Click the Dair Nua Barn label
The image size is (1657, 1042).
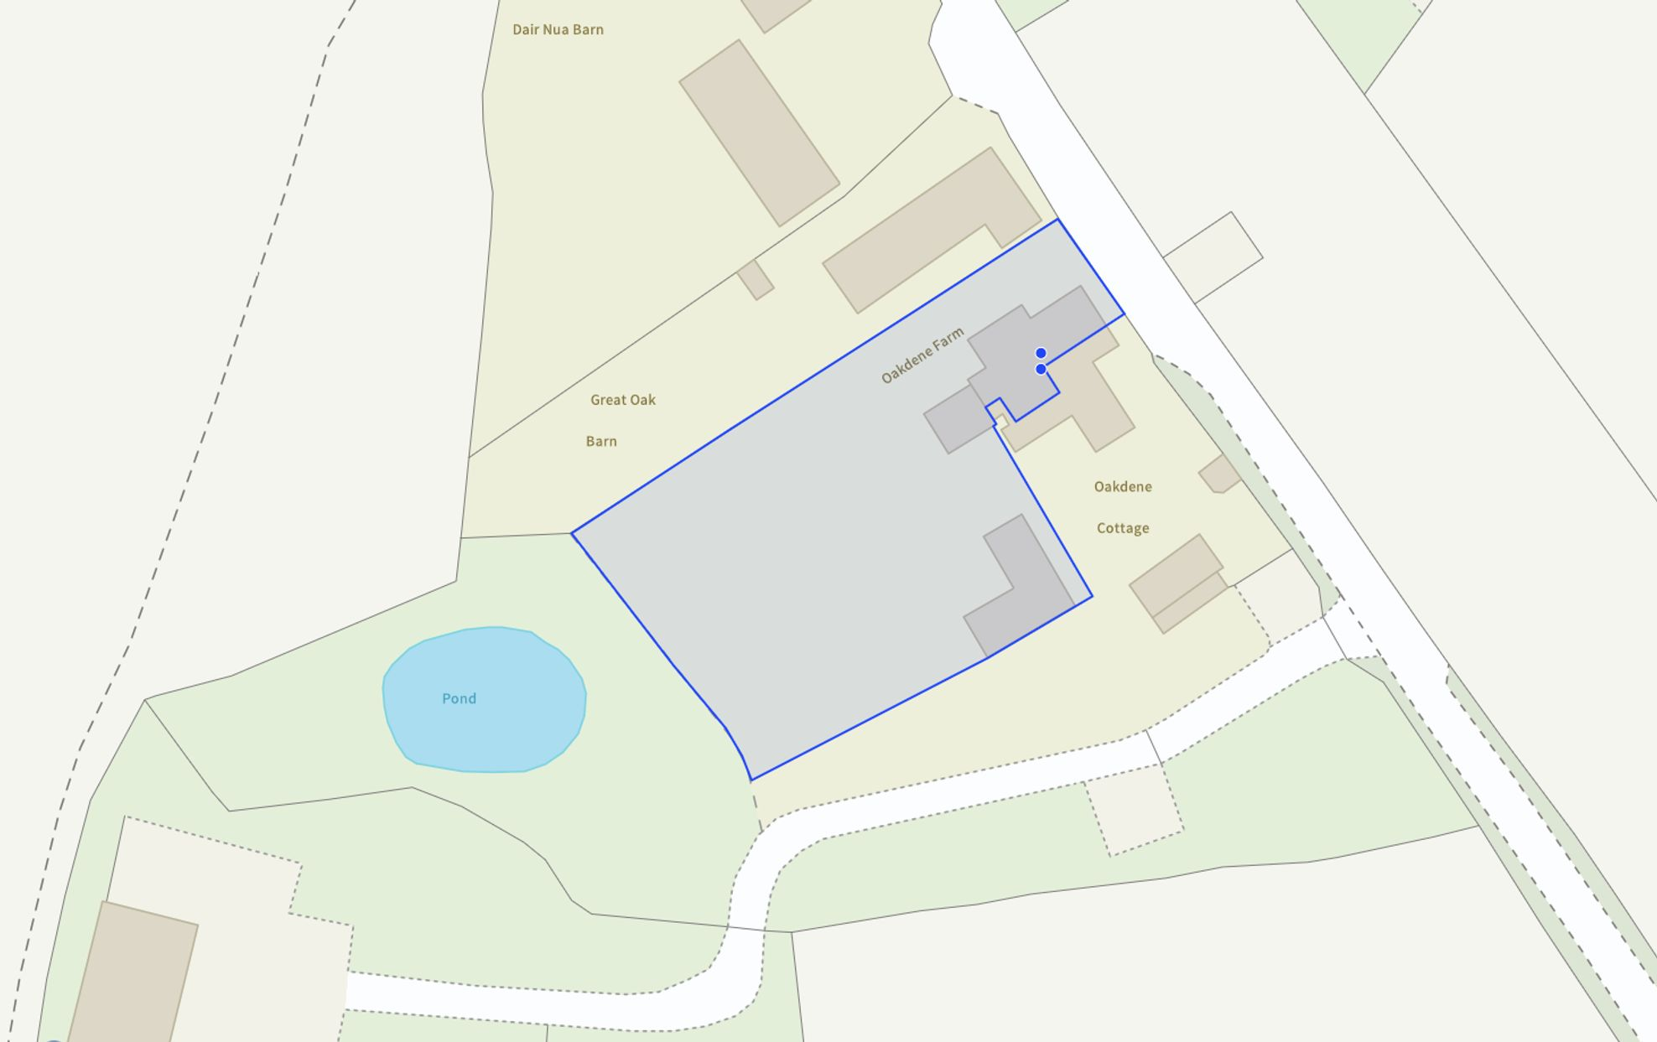pyautogui.click(x=558, y=30)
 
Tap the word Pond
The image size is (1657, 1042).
pyautogui.click(x=459, y=698)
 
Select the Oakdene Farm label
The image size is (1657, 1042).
pyautogui.click(x=922, y=356)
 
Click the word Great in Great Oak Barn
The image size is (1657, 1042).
pyautogui.click(x=607, y=400)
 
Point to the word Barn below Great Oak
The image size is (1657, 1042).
pyautogui.click(x=601, y=442)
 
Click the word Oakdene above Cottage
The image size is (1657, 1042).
pyautogui.click(x=1123, y=487)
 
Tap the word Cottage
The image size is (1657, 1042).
pyautogui.click(x=1123, y=528)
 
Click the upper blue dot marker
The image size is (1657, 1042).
pyautogui.click(x=1041, y=353)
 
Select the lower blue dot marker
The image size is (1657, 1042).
pyautogui.click(x=1041, y=369)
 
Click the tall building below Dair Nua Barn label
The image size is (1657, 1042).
pyautogui.click(x=759, y=132)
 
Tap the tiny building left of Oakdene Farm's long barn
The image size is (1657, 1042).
pyautogui.click(x=756, y=279)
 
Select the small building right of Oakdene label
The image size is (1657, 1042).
pyautogui.click(x=1219, y=474)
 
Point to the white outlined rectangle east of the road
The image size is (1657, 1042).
pyautogui.click(x=1213, y=257)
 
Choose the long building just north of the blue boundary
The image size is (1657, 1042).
pyautogui.click(x=931, y=231)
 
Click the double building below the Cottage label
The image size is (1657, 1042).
pyautogui.click(x=1178, y=583)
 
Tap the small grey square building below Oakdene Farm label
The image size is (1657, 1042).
pyautogui.click(x=956, y=419)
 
